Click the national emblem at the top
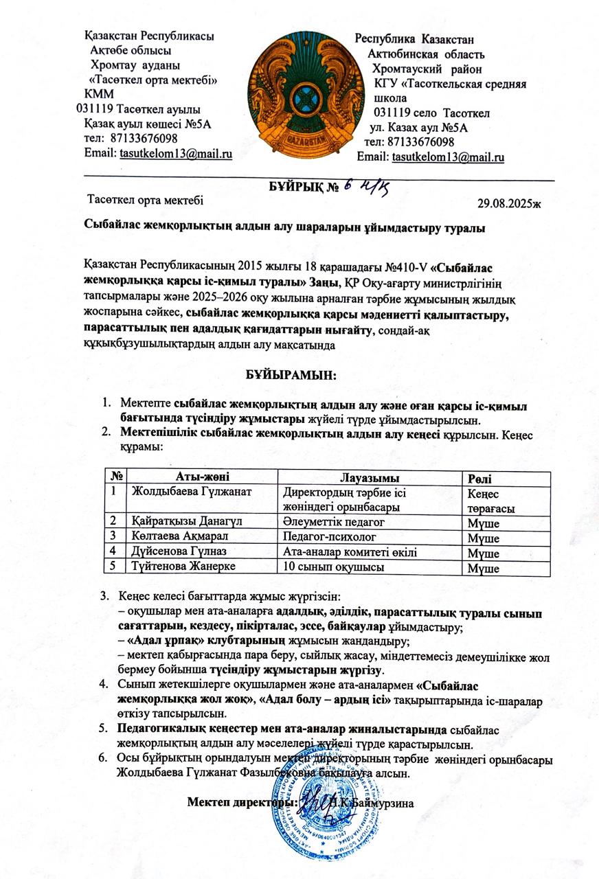300,92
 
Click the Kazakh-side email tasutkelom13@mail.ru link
176,153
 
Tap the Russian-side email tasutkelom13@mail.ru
448,157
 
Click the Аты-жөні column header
202,477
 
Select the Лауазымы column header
370,478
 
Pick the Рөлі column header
479,479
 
